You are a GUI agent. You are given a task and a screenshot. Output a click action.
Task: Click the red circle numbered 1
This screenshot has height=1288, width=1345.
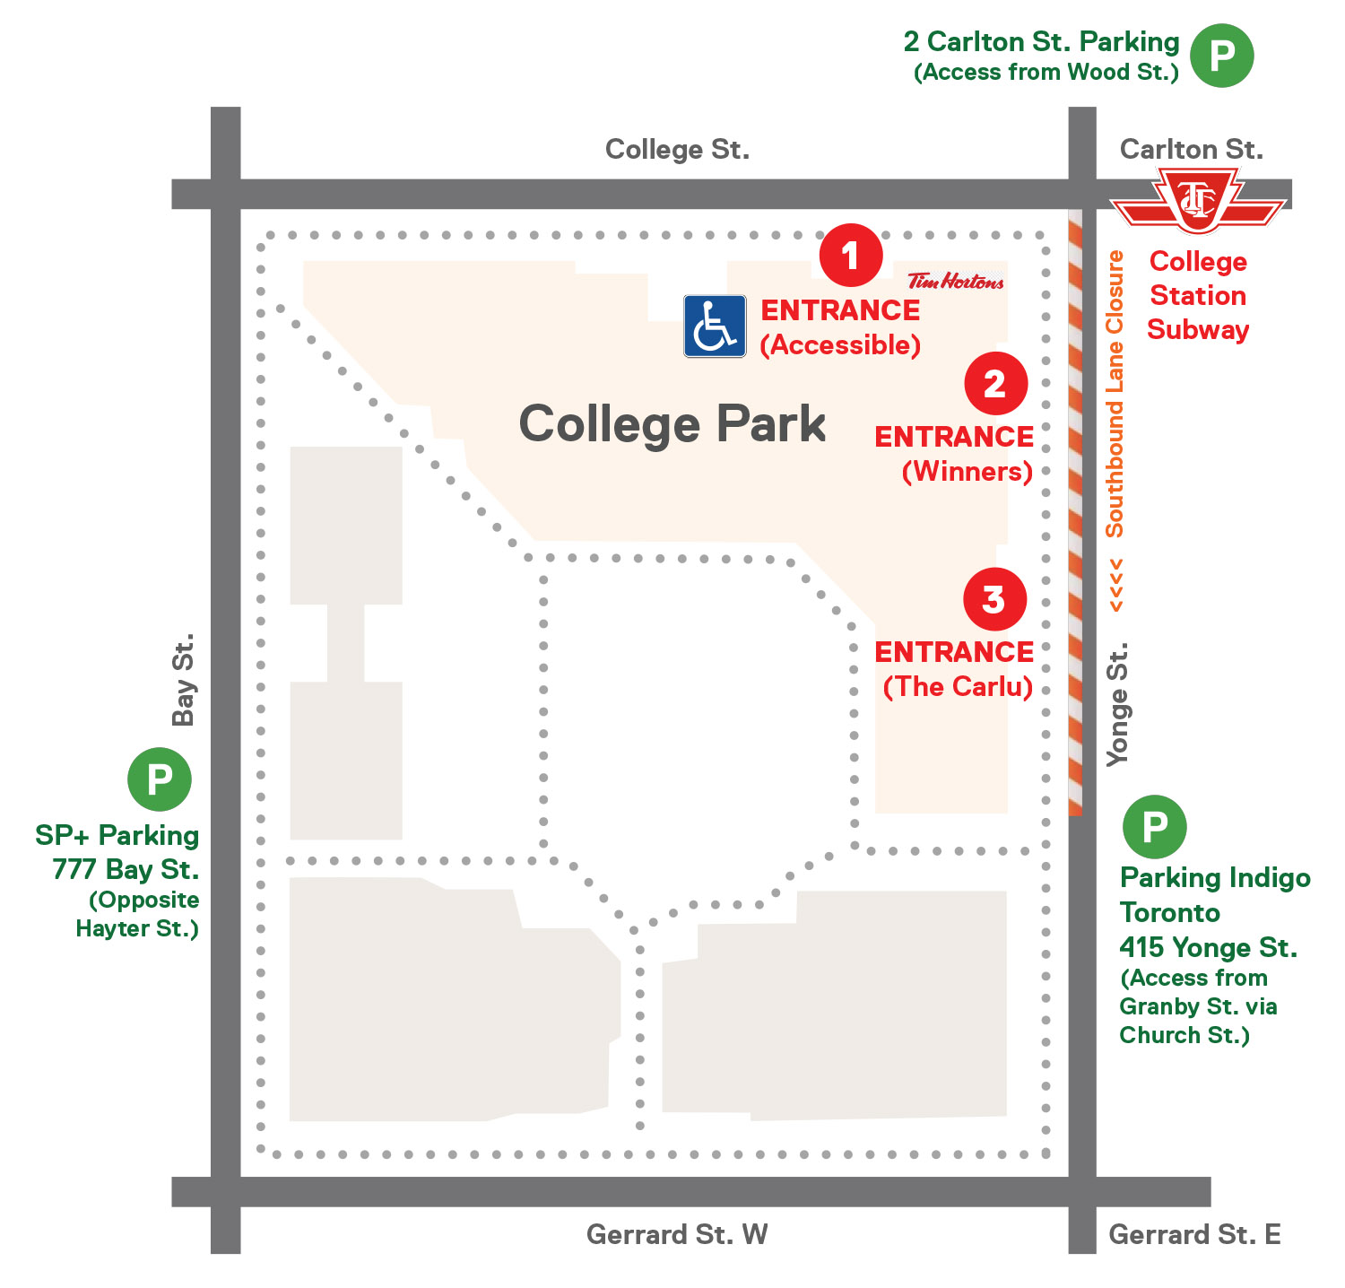click(850, 256)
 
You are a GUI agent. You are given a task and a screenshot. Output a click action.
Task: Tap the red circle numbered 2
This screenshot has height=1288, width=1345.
click(995, 384)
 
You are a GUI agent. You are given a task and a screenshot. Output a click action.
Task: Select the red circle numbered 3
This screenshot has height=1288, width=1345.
click(994, 599)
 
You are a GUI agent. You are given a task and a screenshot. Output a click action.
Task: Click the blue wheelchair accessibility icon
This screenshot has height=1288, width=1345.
click(715, 326)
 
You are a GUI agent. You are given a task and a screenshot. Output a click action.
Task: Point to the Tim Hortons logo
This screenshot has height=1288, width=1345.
click(955, 282)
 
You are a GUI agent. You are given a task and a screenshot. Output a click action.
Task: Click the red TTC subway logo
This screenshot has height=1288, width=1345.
click(1198, 202)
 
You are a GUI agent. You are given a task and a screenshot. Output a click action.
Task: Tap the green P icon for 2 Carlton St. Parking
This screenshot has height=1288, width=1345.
click(1221, 56)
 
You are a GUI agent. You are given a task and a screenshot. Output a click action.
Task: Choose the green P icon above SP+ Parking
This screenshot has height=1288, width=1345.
click(159, 779)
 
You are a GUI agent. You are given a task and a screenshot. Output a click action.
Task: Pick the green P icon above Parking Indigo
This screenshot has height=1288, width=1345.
click(1154, 826)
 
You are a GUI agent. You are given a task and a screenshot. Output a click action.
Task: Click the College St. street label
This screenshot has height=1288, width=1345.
click(677, 149)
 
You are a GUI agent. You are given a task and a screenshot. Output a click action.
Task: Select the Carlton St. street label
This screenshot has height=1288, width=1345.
click(1191, 149)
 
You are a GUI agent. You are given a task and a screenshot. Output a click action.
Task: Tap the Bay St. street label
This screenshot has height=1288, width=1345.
click(184, 680)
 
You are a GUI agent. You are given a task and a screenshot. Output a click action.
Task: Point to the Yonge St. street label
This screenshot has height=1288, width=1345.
click(1117, 704)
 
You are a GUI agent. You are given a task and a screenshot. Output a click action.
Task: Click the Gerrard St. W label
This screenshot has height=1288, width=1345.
click(677, 1234)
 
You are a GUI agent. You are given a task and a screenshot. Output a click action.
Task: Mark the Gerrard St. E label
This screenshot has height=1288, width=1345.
click(1194, 1234)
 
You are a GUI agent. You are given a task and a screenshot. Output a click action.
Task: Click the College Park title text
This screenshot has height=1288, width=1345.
click(672, 423)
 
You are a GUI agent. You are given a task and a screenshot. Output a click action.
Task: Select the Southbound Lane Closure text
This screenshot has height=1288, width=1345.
click(1115, 394)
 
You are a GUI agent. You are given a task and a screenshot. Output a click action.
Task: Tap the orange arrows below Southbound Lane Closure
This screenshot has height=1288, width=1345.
click(1116, 586)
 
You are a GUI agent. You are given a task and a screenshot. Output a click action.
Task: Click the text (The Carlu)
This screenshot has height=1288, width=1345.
click(958, 686)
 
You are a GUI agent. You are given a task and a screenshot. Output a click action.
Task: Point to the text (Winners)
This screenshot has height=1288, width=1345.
click(967, 471)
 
